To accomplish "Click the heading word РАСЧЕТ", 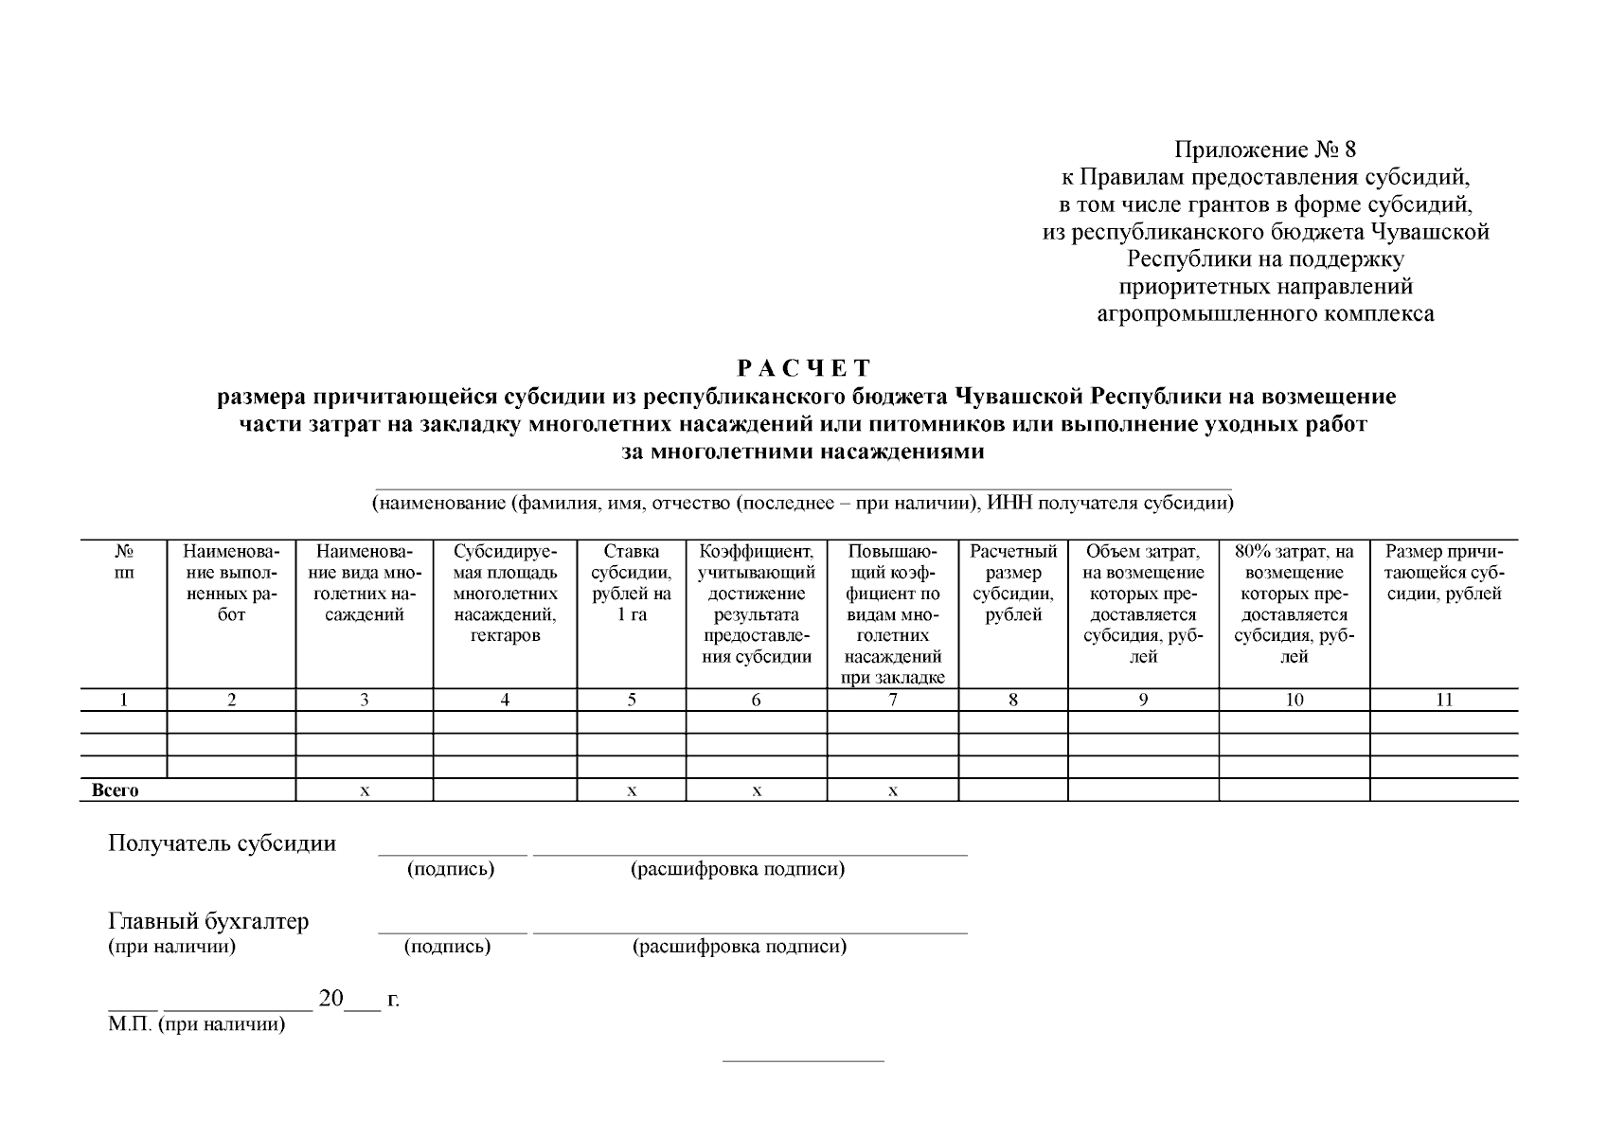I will pyautogui.click(x=803, y=367).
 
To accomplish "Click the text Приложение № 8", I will pyautogui.click(x=1265, y=150).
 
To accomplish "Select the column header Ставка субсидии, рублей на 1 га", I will pyautogui.click(x=632, y=583).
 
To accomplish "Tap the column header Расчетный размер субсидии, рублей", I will pyautogui.click(x=1013, y=583).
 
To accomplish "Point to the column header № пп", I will pyautogui.click(x=124, y=562).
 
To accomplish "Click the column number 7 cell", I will pyautogui.click(x=893, y=700).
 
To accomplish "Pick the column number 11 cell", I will pyautogui.click(x=1444, y=700).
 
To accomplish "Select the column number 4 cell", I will pyautogui.click(x=505, y=700).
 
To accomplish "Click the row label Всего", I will pyautogui.click(x=116, y=790).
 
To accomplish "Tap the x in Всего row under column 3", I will pyautogui.click(x=365, y=790).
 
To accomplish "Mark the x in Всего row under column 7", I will pyautogui.click(x=893, y=790).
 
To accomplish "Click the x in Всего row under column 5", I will pyautogui.click(x=632, y=790).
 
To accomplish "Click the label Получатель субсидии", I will pyautogui.click(x=222, y=843).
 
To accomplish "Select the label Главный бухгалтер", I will pyautogui.click(x=208, y=920).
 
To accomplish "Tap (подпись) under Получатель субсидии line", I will pyautogui.click(x=451, y=868).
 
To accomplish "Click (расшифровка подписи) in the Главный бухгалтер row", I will pyautogui.click(x=739, y=946).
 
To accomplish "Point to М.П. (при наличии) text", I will pyautogui.click(x=196, y=1024).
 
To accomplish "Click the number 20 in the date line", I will pyautogui.click(x=330, y=998).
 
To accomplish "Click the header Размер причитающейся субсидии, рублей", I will pyautogui.click(x=1444, y=573).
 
